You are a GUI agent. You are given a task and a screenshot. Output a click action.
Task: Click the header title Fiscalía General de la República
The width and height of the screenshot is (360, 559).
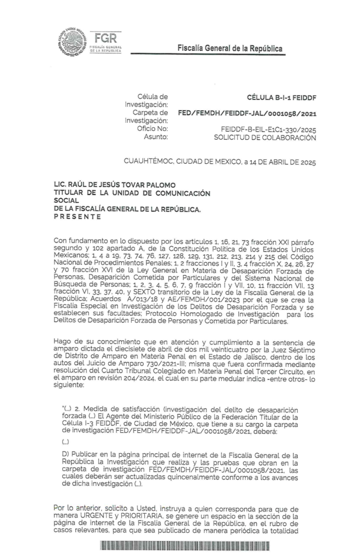(x=230, y=49)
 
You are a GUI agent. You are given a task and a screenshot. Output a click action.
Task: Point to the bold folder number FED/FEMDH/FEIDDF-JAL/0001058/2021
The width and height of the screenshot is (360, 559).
(x=247, y=114)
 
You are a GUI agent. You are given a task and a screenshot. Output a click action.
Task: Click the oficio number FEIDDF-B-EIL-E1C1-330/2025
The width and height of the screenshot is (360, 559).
(x=266, y=129)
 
